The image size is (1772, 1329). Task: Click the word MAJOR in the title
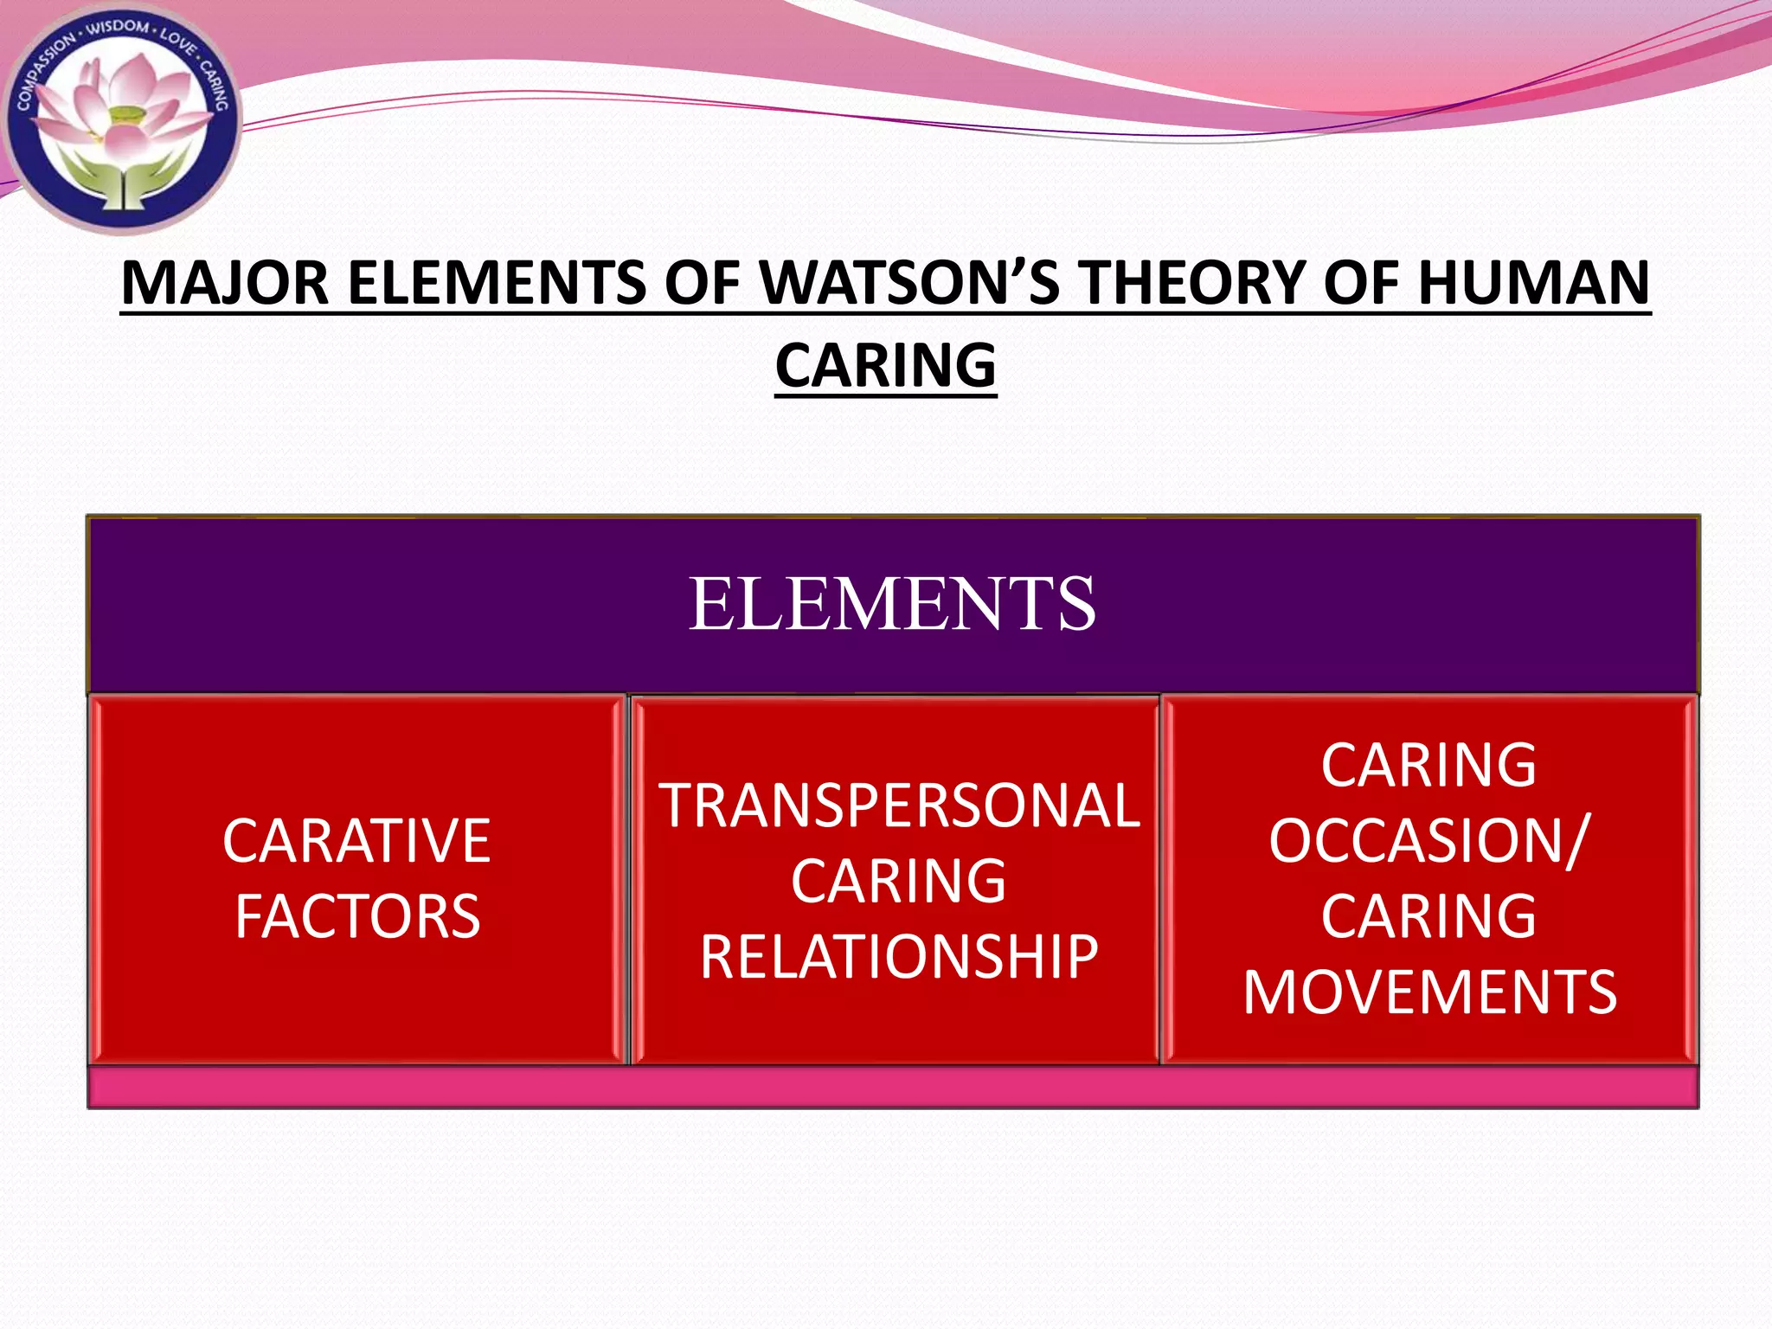point(225,284)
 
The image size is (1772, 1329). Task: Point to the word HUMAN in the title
point(1533,284)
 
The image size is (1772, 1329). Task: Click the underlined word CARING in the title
point(885,366)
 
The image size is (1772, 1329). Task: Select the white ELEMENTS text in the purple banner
point(892,604)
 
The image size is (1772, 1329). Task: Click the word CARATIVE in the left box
point(356,841)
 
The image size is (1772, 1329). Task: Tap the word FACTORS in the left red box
point(357,917)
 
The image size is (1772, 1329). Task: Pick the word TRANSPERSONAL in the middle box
point(899,806)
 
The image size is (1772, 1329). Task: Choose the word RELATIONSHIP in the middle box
point(899,957)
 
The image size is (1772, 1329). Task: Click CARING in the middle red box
point(899,882)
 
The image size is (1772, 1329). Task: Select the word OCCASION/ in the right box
point(1429,840)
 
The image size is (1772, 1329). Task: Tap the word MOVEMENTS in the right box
point(1429,992)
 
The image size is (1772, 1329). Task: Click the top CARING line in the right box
point(1429,766)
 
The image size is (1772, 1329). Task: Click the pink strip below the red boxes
point(892,1087)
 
